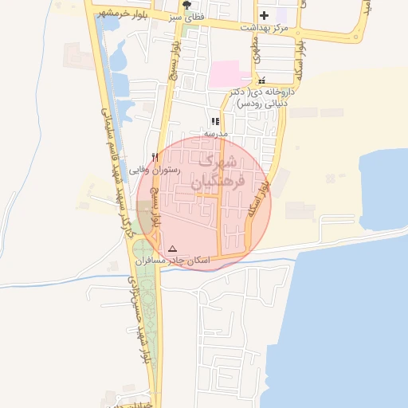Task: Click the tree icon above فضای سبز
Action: click(187, 4)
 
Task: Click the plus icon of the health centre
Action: click(264, 15)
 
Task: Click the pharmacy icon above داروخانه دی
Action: click(261, 80)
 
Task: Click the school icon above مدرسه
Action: click(215, 121)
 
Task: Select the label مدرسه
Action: click(217, 133)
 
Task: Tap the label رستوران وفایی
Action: click(155, 170)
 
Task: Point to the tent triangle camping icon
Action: click(172, 249)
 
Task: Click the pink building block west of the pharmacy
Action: click(229, 74)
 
